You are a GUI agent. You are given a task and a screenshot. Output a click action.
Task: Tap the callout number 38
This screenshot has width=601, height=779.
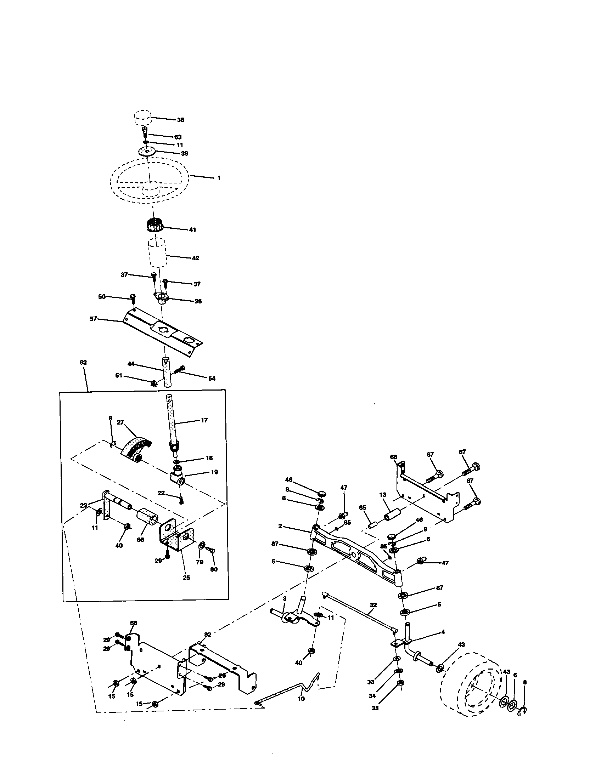[x=181, y=120]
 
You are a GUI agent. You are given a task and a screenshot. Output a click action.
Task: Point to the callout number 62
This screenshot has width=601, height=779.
[x=83, y=362]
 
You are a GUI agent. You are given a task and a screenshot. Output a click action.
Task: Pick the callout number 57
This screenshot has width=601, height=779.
[x=93, y=319]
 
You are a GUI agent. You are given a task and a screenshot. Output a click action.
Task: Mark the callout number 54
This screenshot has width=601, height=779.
[x=212, y=379]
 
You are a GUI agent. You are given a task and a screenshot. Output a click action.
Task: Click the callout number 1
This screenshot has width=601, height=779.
[x=218, y=178]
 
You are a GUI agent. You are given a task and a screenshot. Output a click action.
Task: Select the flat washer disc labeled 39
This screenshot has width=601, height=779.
[x=147, y=152]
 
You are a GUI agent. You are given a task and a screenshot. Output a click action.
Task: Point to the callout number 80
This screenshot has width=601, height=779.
[x=214, y=570]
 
